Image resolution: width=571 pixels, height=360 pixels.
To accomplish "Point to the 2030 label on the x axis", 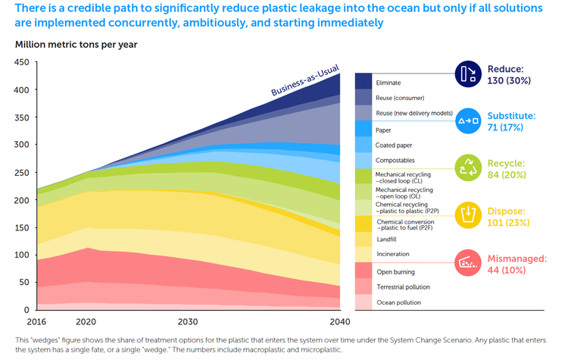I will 189,321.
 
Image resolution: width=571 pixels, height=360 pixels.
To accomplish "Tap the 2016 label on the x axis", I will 25,321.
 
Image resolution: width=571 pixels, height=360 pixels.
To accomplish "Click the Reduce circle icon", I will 470,74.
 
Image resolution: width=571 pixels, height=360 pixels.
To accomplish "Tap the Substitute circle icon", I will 470,121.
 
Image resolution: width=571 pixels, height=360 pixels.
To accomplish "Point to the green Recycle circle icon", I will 470,168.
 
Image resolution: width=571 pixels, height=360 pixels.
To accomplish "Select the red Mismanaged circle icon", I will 470,263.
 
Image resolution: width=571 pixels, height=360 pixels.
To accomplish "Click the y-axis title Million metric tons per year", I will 76,44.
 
